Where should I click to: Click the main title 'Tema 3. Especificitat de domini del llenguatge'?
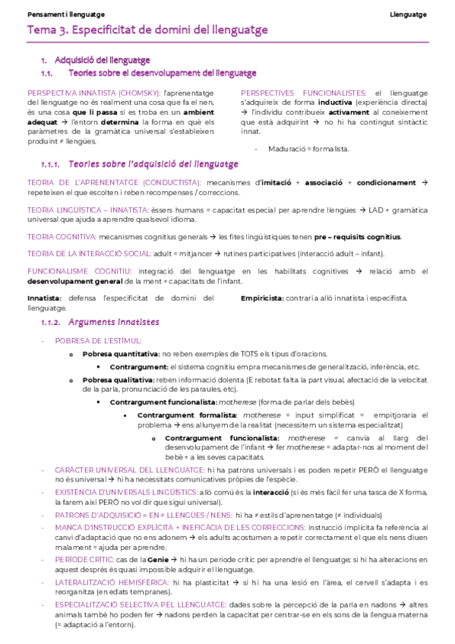click(147, 30)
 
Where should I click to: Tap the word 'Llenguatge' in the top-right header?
click(408, 14)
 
